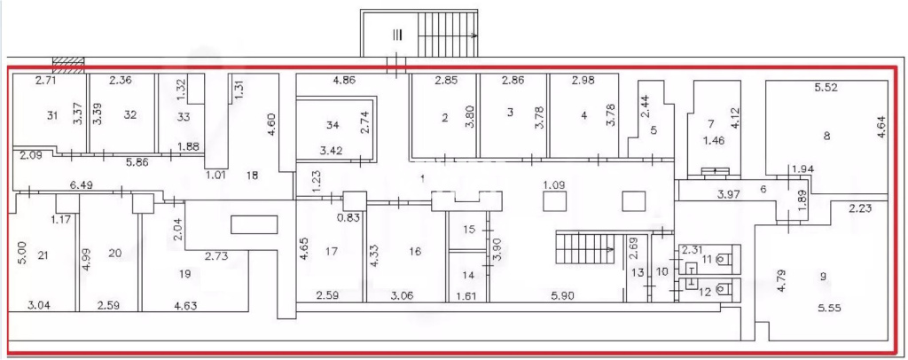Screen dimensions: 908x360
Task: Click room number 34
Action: coord(332,125)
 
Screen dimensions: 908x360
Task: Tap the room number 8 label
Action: coord(827,136)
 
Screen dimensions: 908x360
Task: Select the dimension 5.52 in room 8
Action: coord(826,88)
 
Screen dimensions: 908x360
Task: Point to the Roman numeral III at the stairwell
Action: coord(396,35)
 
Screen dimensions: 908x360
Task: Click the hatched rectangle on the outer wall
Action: coord(68,65)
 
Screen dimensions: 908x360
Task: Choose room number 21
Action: coord(43,253)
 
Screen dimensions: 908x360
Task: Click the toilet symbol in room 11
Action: coord(720,260)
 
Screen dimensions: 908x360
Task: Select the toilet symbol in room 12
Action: coord(720,287)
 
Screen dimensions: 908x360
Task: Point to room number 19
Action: coord(184,274)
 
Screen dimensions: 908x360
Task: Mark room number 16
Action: coord(414,252)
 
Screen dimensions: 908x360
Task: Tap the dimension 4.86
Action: coord(345,81)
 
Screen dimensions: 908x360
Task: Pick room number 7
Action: coord(711,124)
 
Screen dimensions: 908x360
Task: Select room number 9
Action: coord(823,277)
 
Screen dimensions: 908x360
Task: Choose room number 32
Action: coord(130,114)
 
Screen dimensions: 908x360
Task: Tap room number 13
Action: coord(638,272)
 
